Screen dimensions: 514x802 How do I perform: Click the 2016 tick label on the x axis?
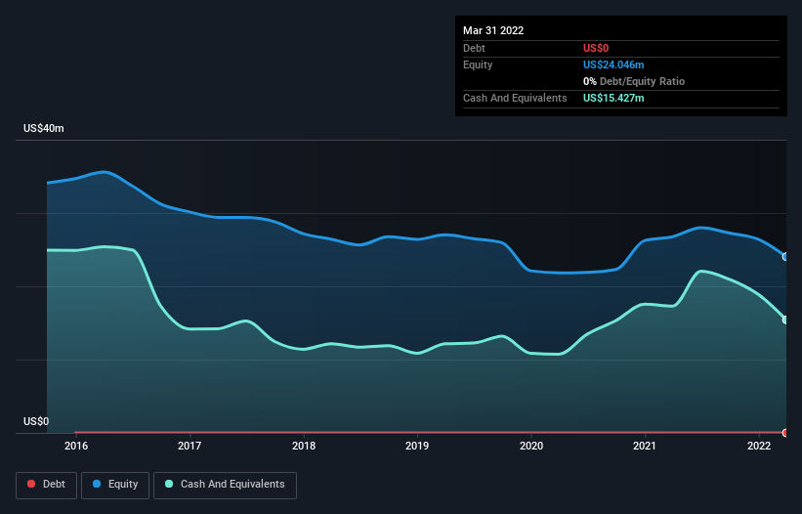[76, 447]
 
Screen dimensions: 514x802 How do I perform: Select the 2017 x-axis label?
[190, 447]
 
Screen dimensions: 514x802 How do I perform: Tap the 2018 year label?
[304, 447]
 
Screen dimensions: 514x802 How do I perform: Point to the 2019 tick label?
[417, 447]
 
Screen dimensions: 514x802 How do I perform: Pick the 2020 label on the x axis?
[531, 447]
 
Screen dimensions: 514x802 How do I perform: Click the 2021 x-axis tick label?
[645, 447]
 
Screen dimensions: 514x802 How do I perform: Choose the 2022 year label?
[759, 447]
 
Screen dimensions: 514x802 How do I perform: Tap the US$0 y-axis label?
[36, 421]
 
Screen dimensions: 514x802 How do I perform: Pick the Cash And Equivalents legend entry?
[225, 484]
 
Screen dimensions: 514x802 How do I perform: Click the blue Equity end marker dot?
[785, 257]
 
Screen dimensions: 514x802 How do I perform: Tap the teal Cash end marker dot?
[785, 320]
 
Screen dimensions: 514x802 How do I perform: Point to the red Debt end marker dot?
[785, 432]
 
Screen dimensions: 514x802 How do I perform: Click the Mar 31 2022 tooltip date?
[493, 30]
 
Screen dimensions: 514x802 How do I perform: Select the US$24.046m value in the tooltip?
[613, 64]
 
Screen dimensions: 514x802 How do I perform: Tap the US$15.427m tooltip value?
[613, 98]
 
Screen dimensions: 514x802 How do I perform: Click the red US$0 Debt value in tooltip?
[597, 48]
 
